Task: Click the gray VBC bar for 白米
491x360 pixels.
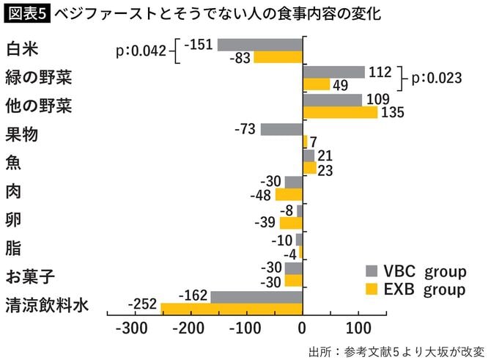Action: point(260,45)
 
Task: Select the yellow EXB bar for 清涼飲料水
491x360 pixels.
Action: point(232,309)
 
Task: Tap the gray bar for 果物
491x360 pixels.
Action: point(281,129)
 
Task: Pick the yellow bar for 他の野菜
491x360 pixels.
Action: point(340,112)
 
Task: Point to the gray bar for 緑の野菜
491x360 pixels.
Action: point(333,72)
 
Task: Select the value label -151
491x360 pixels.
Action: point(199,45)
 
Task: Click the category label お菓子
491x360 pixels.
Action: point(26,276)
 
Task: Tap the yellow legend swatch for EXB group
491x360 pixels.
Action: point(372,289)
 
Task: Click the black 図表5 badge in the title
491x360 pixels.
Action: point(26,13)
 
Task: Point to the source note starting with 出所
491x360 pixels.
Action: point(396,349)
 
